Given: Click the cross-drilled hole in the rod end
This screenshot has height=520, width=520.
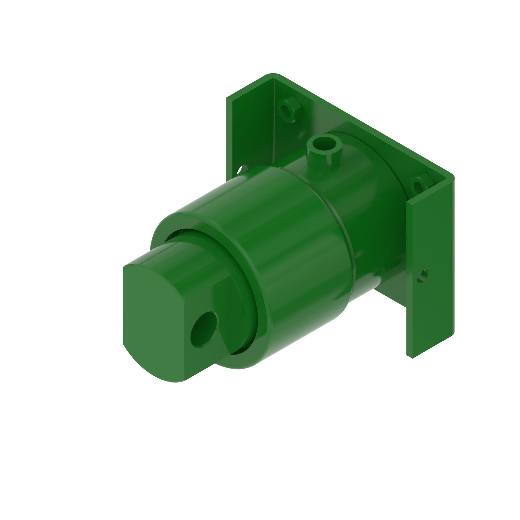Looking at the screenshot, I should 204,330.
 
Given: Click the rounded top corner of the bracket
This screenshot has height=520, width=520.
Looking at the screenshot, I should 273,75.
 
